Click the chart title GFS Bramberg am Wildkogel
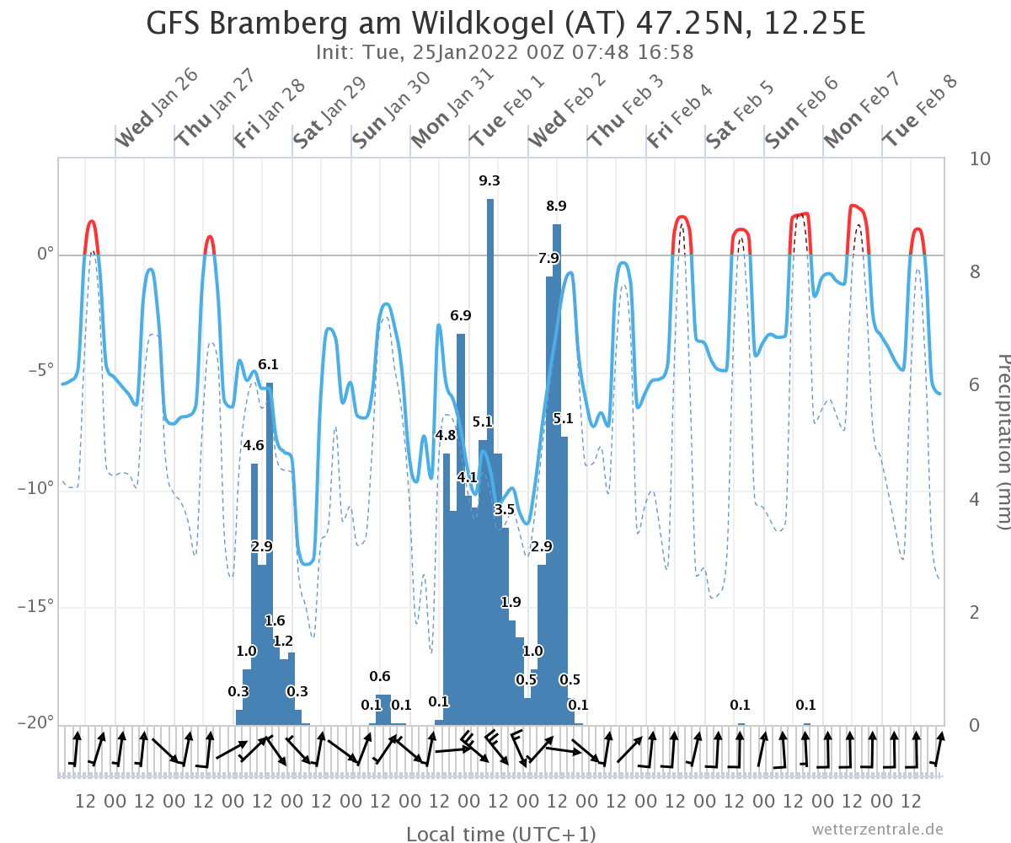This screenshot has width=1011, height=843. click(x=350, y=24)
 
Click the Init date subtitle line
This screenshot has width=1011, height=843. click(x=505, y=52)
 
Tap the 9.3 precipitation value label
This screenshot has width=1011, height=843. click(x=489, y=180)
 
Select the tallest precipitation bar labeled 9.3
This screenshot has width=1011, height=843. click(x=490, y=462)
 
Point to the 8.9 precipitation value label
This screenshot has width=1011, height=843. click(x=556, y=206)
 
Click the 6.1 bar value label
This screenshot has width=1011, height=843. click(x=268, y=364)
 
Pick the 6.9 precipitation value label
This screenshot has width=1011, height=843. click(x=461, y=315)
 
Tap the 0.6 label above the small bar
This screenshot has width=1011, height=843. click(x=380, y=676)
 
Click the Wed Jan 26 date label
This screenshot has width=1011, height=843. click(x=158, y=108)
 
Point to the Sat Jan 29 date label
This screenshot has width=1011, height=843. click(x=329, y=112)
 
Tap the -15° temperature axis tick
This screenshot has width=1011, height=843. click(x=35, y=606)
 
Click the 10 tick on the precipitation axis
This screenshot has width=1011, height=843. click(x=980, y=159)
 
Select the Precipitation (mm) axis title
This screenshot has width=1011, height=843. click(x=1003, y=442)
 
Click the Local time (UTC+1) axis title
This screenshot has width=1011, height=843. click(x=501, y=834)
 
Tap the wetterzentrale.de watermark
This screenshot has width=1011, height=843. click(x=878, y=830)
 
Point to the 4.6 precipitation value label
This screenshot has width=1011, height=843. click(x=254, y=445)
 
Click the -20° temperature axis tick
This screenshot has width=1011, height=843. click(x=35, y=722)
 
